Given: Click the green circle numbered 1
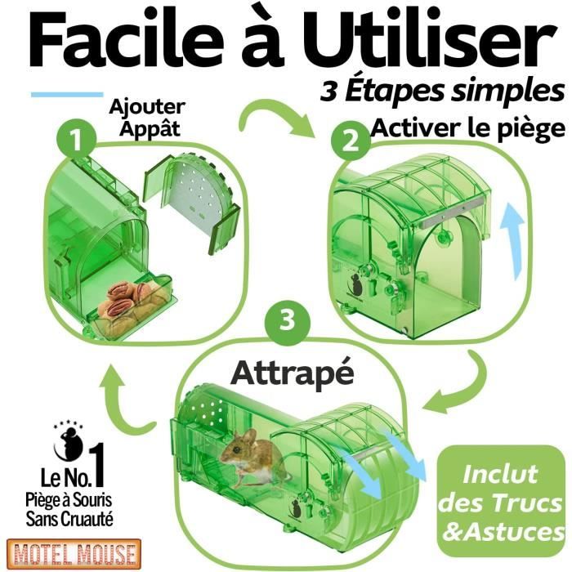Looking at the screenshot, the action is tap(77, 140).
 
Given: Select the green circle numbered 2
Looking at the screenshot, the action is tap(351, 141).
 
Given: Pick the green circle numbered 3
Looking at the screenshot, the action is tap(288, 321).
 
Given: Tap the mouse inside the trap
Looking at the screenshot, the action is tap(252, 458).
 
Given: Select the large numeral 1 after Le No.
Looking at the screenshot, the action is tap(98, 466).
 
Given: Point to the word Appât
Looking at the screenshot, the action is tap(150, 129).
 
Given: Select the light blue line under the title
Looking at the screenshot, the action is tap(67, 95).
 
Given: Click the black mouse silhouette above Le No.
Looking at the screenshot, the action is tap(69, 444).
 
